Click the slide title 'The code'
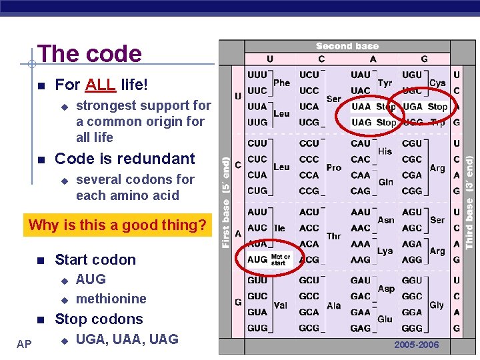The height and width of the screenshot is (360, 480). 89,54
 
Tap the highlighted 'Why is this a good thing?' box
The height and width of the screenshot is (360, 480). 117,225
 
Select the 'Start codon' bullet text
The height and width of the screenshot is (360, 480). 95,260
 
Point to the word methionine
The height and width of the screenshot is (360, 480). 111,299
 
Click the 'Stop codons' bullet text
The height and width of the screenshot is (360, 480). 99,319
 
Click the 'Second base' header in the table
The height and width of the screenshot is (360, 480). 347,47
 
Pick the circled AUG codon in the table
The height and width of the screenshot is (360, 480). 257,259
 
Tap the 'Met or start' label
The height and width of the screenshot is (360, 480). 281,259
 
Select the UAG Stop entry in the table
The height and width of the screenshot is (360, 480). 373,122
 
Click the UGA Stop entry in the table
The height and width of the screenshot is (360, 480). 425,107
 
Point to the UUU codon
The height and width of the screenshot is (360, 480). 257,75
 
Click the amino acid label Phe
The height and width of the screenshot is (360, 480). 281,83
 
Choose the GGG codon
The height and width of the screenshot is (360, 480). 412,328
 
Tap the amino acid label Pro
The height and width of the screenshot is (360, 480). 334,168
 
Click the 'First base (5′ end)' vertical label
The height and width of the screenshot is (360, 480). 226,203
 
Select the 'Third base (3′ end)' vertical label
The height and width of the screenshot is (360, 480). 469,203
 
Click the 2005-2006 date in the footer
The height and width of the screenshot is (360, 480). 417,345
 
